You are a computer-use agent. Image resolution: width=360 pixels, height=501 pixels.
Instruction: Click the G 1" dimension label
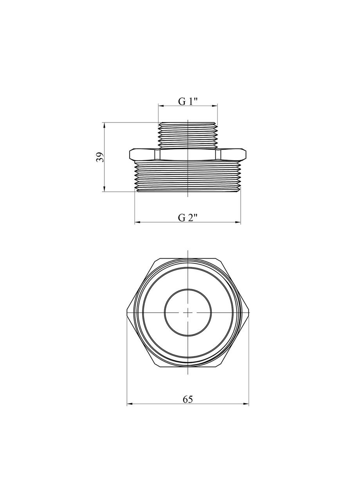(188, 102)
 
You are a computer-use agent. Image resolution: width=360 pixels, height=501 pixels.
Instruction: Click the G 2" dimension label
(188, 217)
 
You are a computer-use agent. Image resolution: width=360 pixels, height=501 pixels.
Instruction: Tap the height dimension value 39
(100, 157)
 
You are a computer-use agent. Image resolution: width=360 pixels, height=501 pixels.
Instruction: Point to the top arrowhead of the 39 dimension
(104, 126)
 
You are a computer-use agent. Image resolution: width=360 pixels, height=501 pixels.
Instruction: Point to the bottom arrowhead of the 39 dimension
(104, 188)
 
